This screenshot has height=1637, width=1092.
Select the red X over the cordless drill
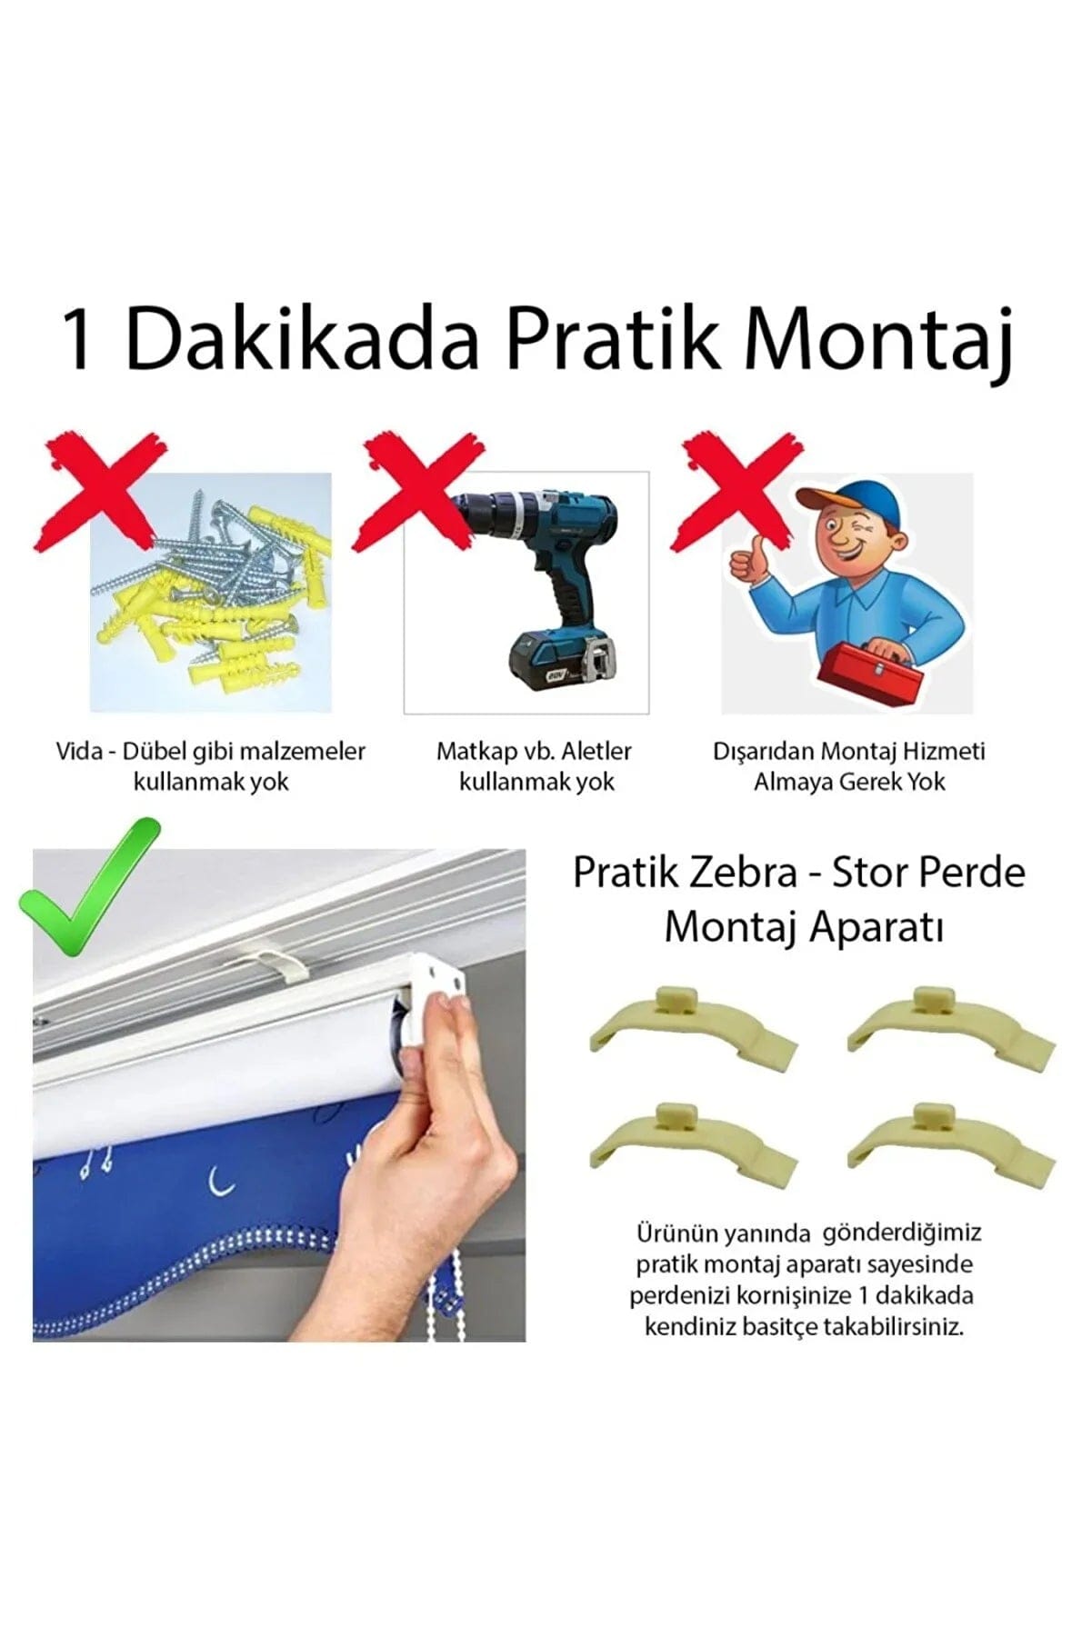tap(419, 491)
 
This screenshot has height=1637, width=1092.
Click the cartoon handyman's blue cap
tap(841, 504)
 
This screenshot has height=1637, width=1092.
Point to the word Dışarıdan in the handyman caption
tap(763, 752)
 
